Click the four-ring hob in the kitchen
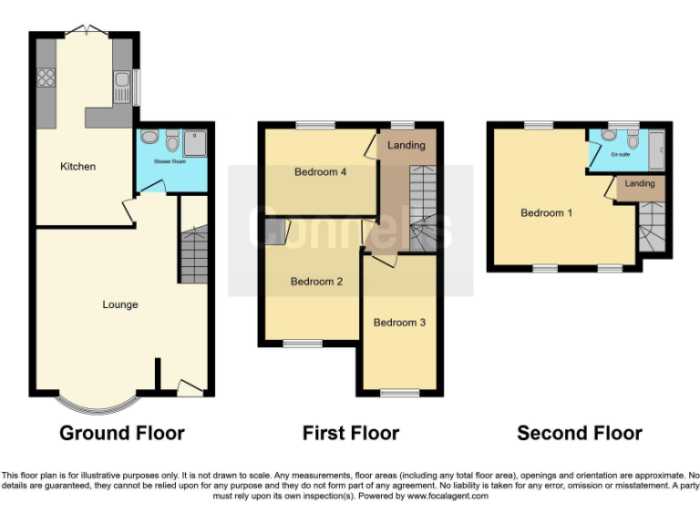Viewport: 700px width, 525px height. pos(46,78)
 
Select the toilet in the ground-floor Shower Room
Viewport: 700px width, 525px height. pos(149,139)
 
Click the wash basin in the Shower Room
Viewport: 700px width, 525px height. pos(173,140)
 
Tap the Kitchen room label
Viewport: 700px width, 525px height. pos(77,167)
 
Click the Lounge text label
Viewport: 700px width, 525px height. pos(119,304)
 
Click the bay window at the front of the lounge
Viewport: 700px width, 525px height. pos(97,402)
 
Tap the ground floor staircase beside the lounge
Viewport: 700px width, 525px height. pos(193,255)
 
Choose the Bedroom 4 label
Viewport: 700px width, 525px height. pos(320,172)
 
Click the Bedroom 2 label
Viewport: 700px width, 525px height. pos(316,282)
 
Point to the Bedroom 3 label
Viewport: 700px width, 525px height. pos(399,323)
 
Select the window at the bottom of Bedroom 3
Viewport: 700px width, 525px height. pos(398,394)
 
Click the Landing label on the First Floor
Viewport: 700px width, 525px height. pos(407,146)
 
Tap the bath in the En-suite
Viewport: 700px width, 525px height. pos(655,149)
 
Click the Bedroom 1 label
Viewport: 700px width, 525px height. pos(546,213)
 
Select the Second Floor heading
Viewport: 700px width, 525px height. pos(580,434)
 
